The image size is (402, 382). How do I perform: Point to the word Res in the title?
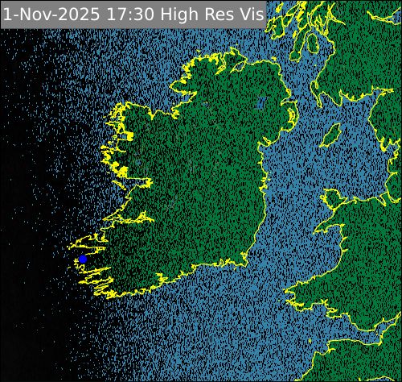click(217, 14)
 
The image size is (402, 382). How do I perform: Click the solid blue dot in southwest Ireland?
click(82, 260)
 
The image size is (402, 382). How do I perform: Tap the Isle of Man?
click(330, 135)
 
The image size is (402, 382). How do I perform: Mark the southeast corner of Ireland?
click(245, 256)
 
